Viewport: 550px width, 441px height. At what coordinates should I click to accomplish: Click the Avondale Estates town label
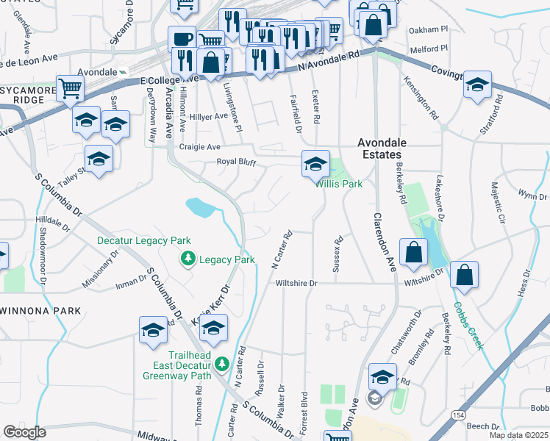[379, 148]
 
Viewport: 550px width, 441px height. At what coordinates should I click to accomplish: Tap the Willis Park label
[339, 184]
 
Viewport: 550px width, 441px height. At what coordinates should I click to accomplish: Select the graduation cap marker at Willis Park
[315, 164]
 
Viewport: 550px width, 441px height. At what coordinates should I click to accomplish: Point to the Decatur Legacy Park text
[144, 240]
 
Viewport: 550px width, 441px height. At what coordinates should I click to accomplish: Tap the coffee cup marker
[182, 39]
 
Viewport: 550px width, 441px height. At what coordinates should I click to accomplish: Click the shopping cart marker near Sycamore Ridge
[70, 89]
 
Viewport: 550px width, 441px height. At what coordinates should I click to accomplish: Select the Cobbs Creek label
[468, 326]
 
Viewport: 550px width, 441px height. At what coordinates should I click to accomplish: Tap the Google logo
[24, 432]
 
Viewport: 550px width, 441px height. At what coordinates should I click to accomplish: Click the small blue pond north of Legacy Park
[200, 207]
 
